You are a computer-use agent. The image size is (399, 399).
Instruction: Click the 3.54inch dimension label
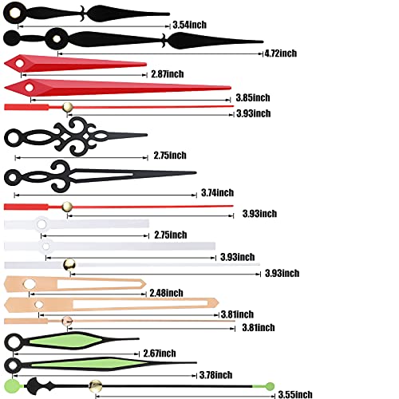click(189, 25)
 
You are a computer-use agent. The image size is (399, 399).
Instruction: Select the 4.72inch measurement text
click(281, 53)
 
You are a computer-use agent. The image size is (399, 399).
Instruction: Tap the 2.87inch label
click(168, 74)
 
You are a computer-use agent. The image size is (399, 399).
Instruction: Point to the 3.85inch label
click(253, 97)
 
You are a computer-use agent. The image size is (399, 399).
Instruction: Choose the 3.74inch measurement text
click(217, 192)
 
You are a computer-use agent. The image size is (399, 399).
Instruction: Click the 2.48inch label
click(166, 293)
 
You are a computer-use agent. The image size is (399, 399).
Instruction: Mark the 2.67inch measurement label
click(160, 354)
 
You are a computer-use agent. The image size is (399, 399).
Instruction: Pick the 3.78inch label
click(215, 375)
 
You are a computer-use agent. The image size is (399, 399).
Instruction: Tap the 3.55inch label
click(295, 394)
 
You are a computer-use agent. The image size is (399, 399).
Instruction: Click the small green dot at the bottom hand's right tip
click(270, 386)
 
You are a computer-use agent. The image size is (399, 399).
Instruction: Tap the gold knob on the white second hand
click(69, 265)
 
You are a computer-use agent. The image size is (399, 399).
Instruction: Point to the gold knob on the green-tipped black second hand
click(95, 386)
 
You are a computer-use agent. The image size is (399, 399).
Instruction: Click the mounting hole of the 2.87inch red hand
click(19, 63)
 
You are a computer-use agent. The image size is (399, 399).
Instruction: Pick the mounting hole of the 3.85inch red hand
click(30, 87)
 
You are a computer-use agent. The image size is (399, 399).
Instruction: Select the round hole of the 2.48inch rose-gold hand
click(30, 284)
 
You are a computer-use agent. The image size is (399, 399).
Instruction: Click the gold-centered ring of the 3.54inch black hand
click(14, 13)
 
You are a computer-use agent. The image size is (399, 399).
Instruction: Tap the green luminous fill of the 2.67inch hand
click(65, 341)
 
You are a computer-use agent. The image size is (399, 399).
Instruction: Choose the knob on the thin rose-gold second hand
click(67, 322)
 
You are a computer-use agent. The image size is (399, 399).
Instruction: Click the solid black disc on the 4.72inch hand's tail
click(12, 38)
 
